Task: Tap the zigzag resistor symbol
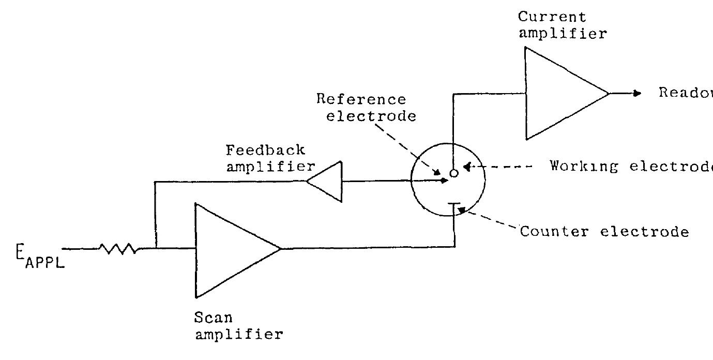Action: [x=119, y=249]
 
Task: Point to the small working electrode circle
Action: [x=453, y=174]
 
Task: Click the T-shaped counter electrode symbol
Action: [x=454, y=206]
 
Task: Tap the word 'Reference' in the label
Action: [x=361, y=99]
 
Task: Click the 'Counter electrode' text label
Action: [x=604, y=231]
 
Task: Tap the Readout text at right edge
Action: [x=685, y=93]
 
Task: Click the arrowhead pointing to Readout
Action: [x=637, y=94]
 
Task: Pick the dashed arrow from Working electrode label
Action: [x=499, y=167]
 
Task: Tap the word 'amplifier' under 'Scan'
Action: [x=239, y=335]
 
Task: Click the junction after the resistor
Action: [x=155, y=249]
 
